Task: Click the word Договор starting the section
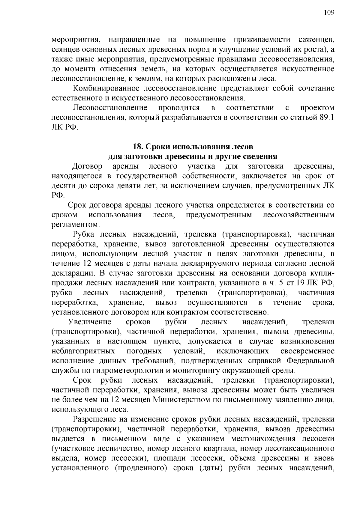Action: [87, 166]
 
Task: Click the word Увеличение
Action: [90, 322]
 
